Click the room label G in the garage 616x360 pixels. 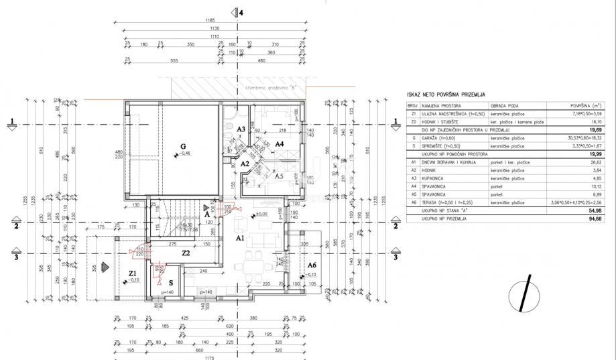coord(182,146)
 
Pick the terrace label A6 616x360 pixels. coord(311,265)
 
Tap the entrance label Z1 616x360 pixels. coord(133,273)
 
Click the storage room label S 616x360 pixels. coord(171,282)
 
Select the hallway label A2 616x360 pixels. coord(245,164)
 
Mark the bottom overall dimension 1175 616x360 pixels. coord(210,357)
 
